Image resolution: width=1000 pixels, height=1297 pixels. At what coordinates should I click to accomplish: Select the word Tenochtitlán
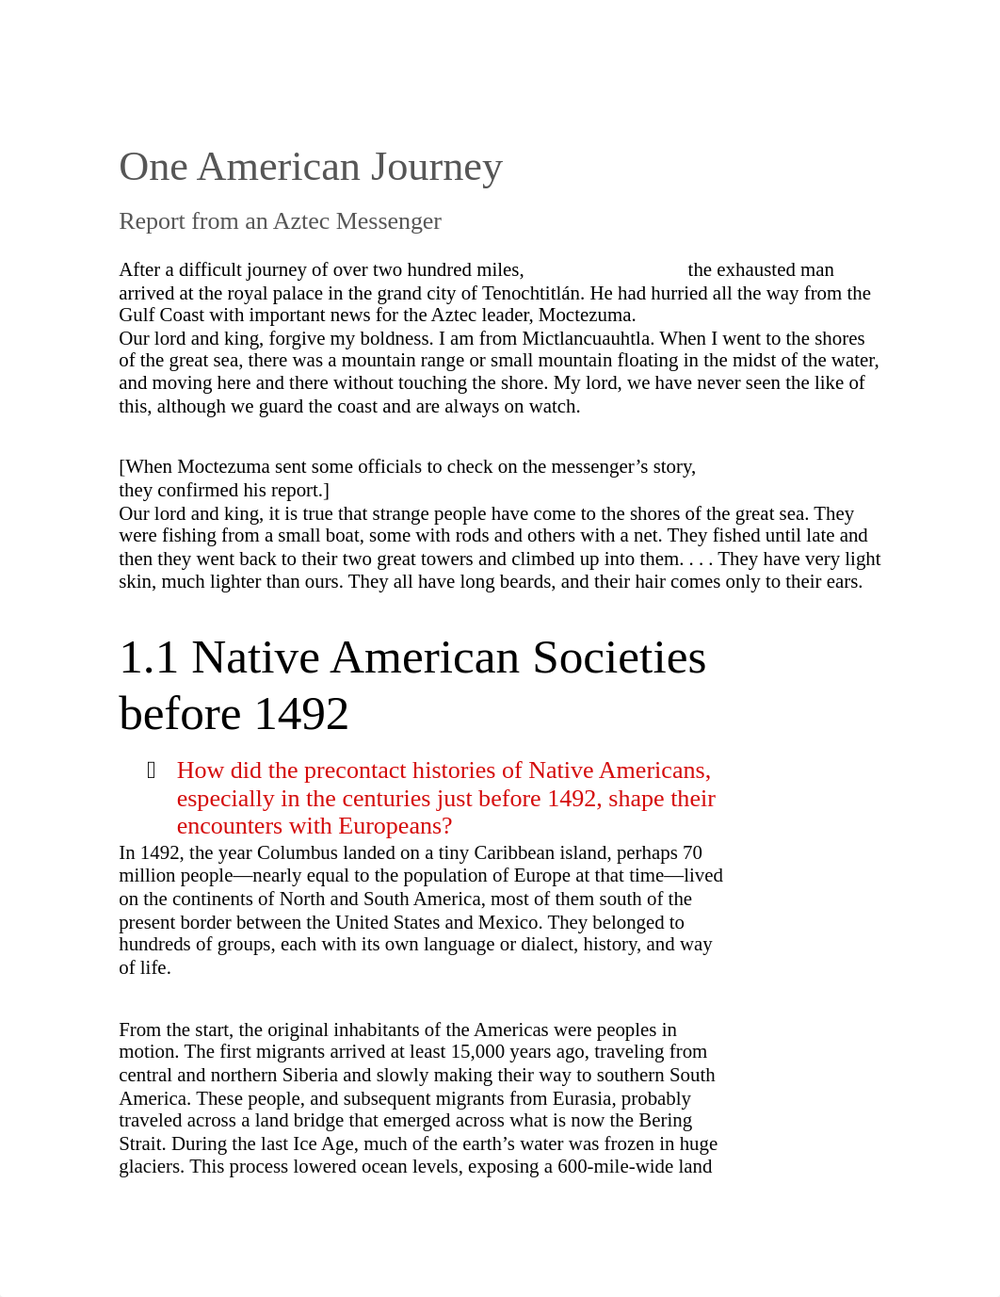pyautogui.click(x=531, y=293)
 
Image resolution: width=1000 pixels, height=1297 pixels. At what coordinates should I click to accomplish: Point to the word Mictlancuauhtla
pyautogui.click(x=588, y=338)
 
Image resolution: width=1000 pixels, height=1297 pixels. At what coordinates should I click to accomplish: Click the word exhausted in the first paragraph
pyautogui.click(x=755, y=270)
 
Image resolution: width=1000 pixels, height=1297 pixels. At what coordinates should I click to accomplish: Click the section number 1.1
pyautogui.click(x=149, y=658)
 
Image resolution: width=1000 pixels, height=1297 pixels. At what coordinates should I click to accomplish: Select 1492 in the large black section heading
pyautogui.click(x=301, y=714)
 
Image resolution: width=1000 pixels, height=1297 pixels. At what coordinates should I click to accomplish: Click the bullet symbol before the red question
pyautogui.click(x=152, y=770)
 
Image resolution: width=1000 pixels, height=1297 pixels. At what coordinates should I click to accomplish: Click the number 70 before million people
pyautogui.click(x=691, y=853)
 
